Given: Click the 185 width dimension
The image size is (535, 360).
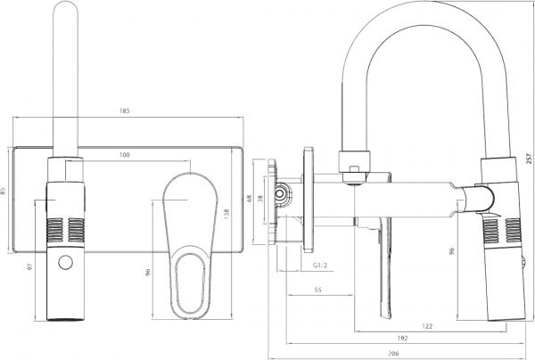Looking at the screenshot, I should tap(124, 111).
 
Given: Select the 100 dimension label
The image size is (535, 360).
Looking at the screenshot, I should tap(124, 156).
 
